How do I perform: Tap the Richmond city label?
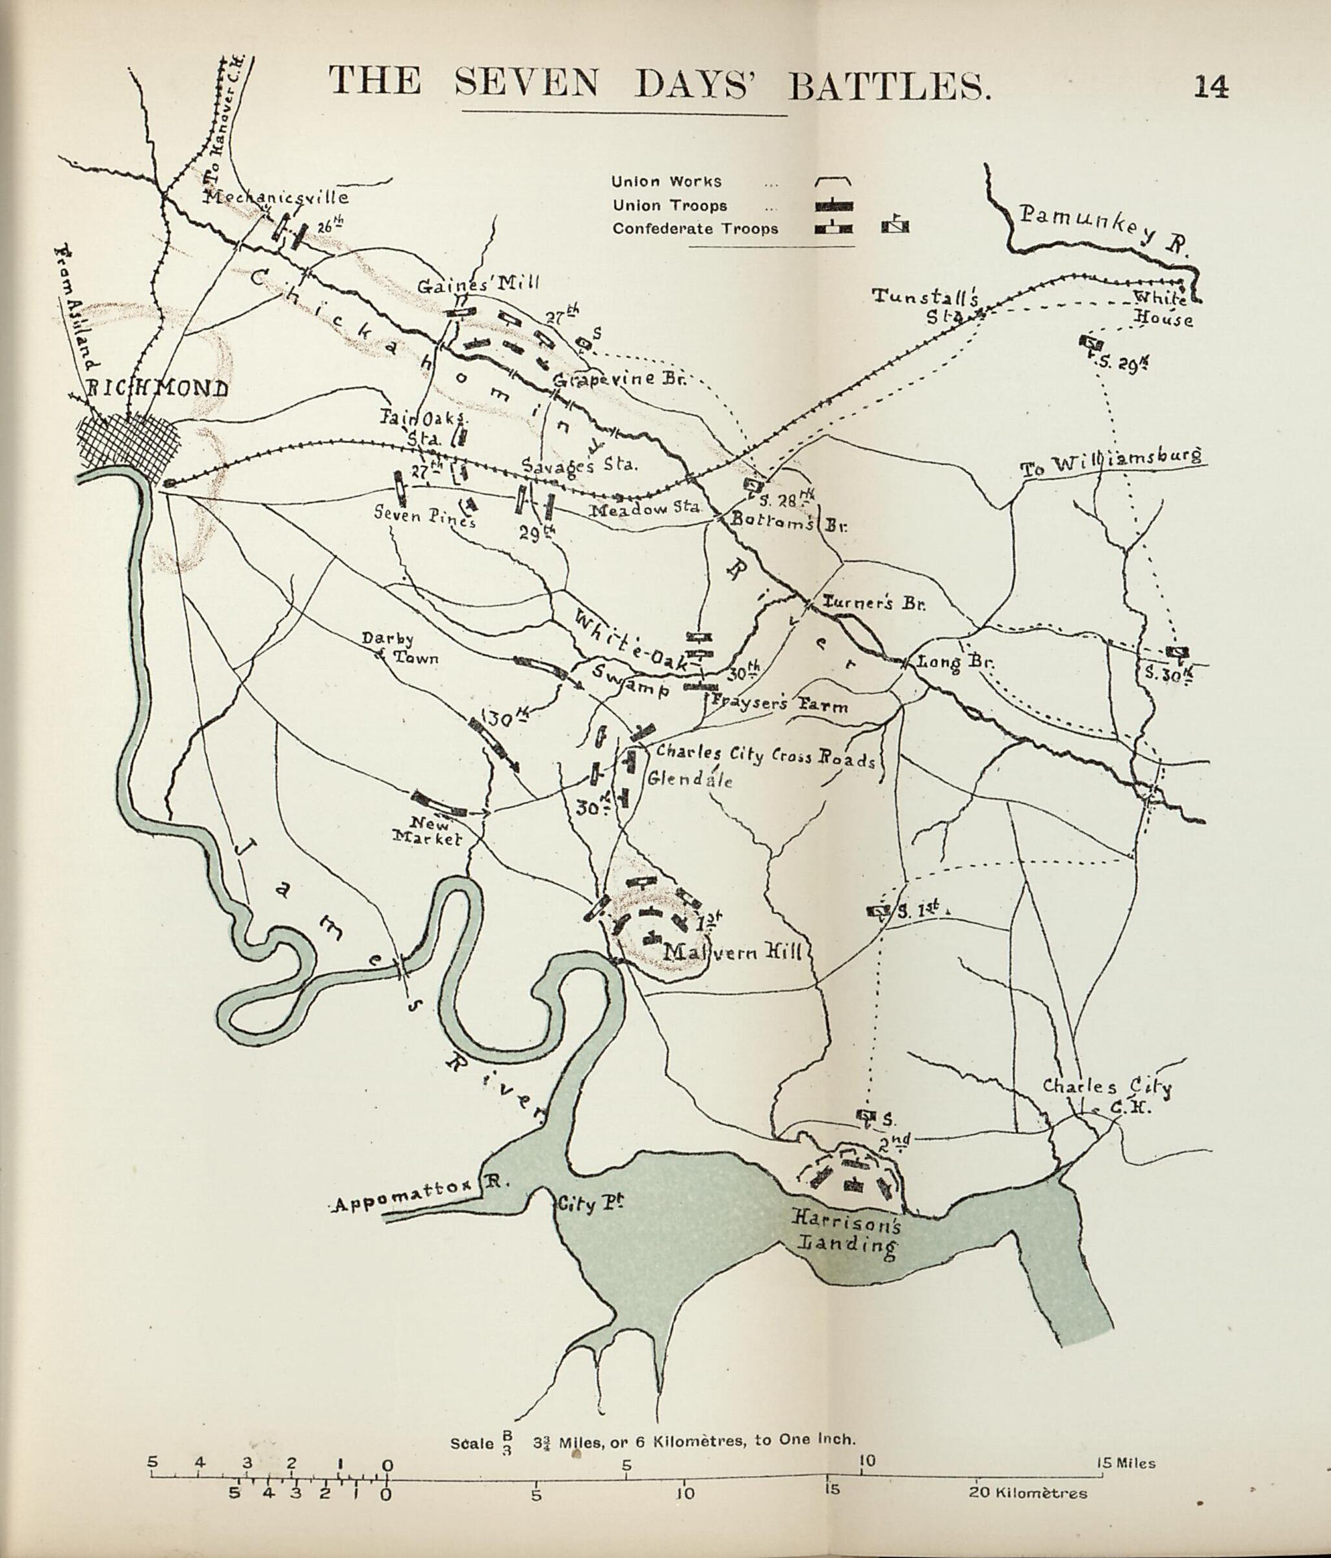tap(158, 389)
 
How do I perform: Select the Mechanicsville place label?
tap(277, 197)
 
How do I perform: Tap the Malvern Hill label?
tap(734, 952)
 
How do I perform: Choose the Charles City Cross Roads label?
tap(765, 755)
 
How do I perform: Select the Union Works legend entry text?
tap(666, 181)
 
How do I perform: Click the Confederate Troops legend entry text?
tap(695, 229)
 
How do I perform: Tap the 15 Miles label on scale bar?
tap(1125, 1463)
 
